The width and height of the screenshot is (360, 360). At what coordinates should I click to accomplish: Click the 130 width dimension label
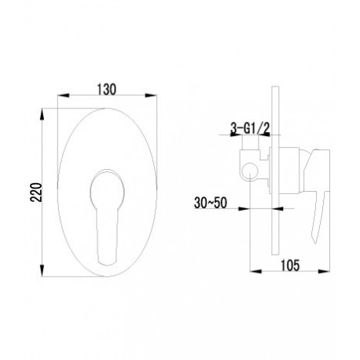pos(107,90)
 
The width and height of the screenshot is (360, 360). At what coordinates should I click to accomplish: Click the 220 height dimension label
pos(36,192)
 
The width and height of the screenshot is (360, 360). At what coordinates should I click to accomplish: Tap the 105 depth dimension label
pos(290,266)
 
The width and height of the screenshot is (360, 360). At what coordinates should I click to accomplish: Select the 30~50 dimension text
pos(211,203)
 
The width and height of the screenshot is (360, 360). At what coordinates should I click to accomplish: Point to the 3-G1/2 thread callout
pos(250,128)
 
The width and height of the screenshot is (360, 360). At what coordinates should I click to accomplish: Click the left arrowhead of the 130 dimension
pos(63,96)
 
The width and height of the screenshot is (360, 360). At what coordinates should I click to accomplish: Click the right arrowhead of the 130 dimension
pos(151,96)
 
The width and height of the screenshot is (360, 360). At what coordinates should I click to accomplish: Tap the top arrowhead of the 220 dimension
pos(42,115)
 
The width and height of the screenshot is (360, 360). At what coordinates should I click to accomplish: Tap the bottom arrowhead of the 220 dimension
pos(42,270)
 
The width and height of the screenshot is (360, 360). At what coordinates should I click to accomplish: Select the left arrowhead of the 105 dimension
pos(256,271)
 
